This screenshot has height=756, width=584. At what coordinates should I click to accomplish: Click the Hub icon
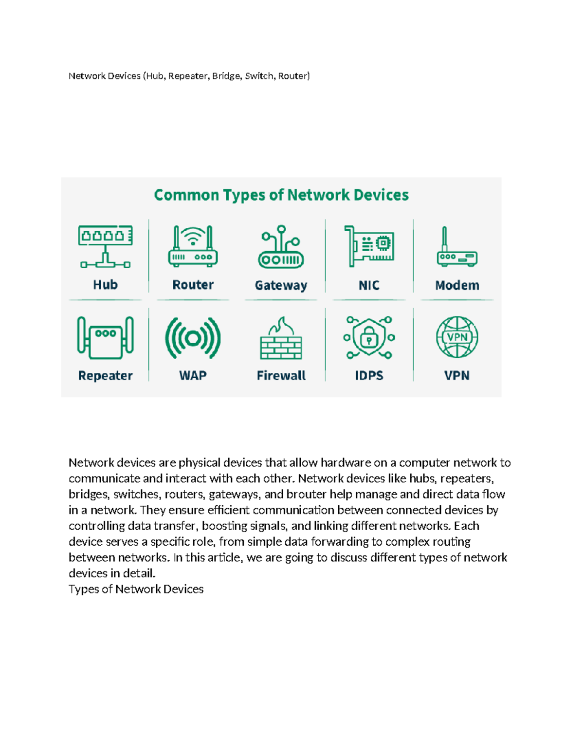[106, 246]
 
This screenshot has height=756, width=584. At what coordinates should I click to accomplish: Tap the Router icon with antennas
[193, 246]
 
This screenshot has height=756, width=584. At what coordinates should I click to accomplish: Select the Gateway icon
[281, 247]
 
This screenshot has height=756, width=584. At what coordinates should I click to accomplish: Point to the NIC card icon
[369, 246]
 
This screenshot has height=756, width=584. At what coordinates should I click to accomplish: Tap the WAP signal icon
[193, 338]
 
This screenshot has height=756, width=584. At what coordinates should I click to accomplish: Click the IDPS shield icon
[369, 337]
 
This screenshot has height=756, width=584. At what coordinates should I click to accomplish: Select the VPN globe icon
[457, 337]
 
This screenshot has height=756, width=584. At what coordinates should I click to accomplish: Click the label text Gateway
[281, 285]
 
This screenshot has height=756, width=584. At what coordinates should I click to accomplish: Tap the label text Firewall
[281, 376]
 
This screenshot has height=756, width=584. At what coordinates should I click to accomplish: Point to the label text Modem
[457, 285]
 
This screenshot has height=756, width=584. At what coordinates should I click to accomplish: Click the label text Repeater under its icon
[105, 376]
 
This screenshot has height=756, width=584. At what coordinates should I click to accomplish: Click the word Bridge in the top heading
[226, 76]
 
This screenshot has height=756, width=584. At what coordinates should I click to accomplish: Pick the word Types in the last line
[84, 590]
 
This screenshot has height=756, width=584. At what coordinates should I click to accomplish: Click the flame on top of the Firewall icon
[282, 326]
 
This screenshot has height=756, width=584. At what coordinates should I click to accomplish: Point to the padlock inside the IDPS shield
[369, 339]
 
